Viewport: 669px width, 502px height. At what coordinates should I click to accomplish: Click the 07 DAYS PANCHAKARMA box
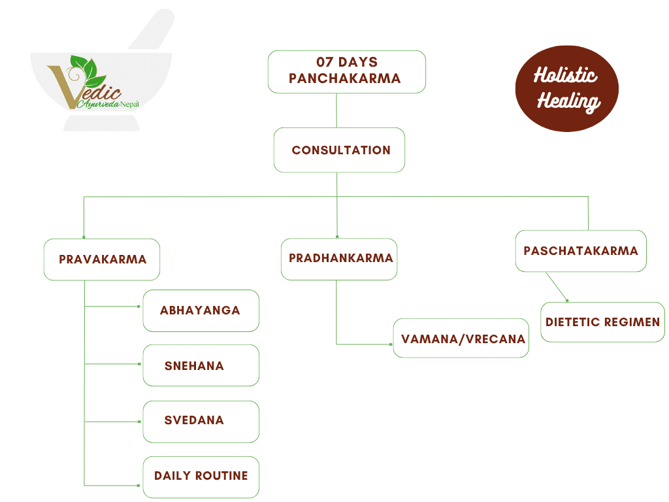click(x=347, y=72)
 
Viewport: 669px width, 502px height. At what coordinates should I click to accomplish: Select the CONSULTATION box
click(x=339, y=150)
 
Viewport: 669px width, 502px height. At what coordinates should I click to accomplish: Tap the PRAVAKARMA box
click(x=102, y=259)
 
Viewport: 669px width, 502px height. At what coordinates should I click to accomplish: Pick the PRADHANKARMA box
click(x=339, y=259)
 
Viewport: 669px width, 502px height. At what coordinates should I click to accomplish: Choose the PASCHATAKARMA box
click(x=581, y=251)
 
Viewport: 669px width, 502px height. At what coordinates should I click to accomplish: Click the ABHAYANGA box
click(x=201, y=310)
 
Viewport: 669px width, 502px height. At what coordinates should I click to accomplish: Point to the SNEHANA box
click(x=201, y=365)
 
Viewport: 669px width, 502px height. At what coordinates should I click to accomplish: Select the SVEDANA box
click(x=201, y=422)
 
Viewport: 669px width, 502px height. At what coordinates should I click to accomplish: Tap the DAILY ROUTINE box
click(x=201, y=477)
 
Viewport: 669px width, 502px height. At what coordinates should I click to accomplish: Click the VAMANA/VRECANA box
click(x=461, y=338)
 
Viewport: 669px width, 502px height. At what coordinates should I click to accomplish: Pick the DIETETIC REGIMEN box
click(x=602, y=322)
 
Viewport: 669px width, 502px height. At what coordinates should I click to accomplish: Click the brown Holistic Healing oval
click(x=567, y=88)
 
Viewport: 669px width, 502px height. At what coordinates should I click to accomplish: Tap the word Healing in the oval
click(x=569, y=102)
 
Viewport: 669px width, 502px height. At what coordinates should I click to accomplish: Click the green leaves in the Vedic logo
click(x=88, y=71)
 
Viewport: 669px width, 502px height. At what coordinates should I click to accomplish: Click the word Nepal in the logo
click(x=129, y=104)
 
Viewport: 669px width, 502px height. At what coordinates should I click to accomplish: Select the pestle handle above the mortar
click(x=152, y=29)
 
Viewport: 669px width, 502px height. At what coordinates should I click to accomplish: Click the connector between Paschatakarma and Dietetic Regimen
click(x=557, y=286)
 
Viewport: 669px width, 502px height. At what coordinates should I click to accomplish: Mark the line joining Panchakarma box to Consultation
click(x=336, y=110)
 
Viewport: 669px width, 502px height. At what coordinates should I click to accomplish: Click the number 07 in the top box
click(x=324, y=62)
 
